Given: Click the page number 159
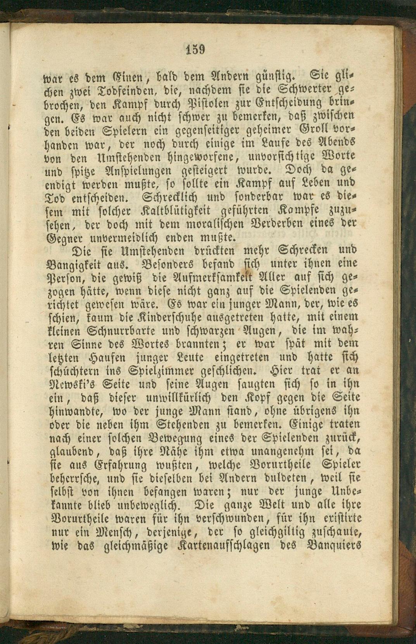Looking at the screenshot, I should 195,50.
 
